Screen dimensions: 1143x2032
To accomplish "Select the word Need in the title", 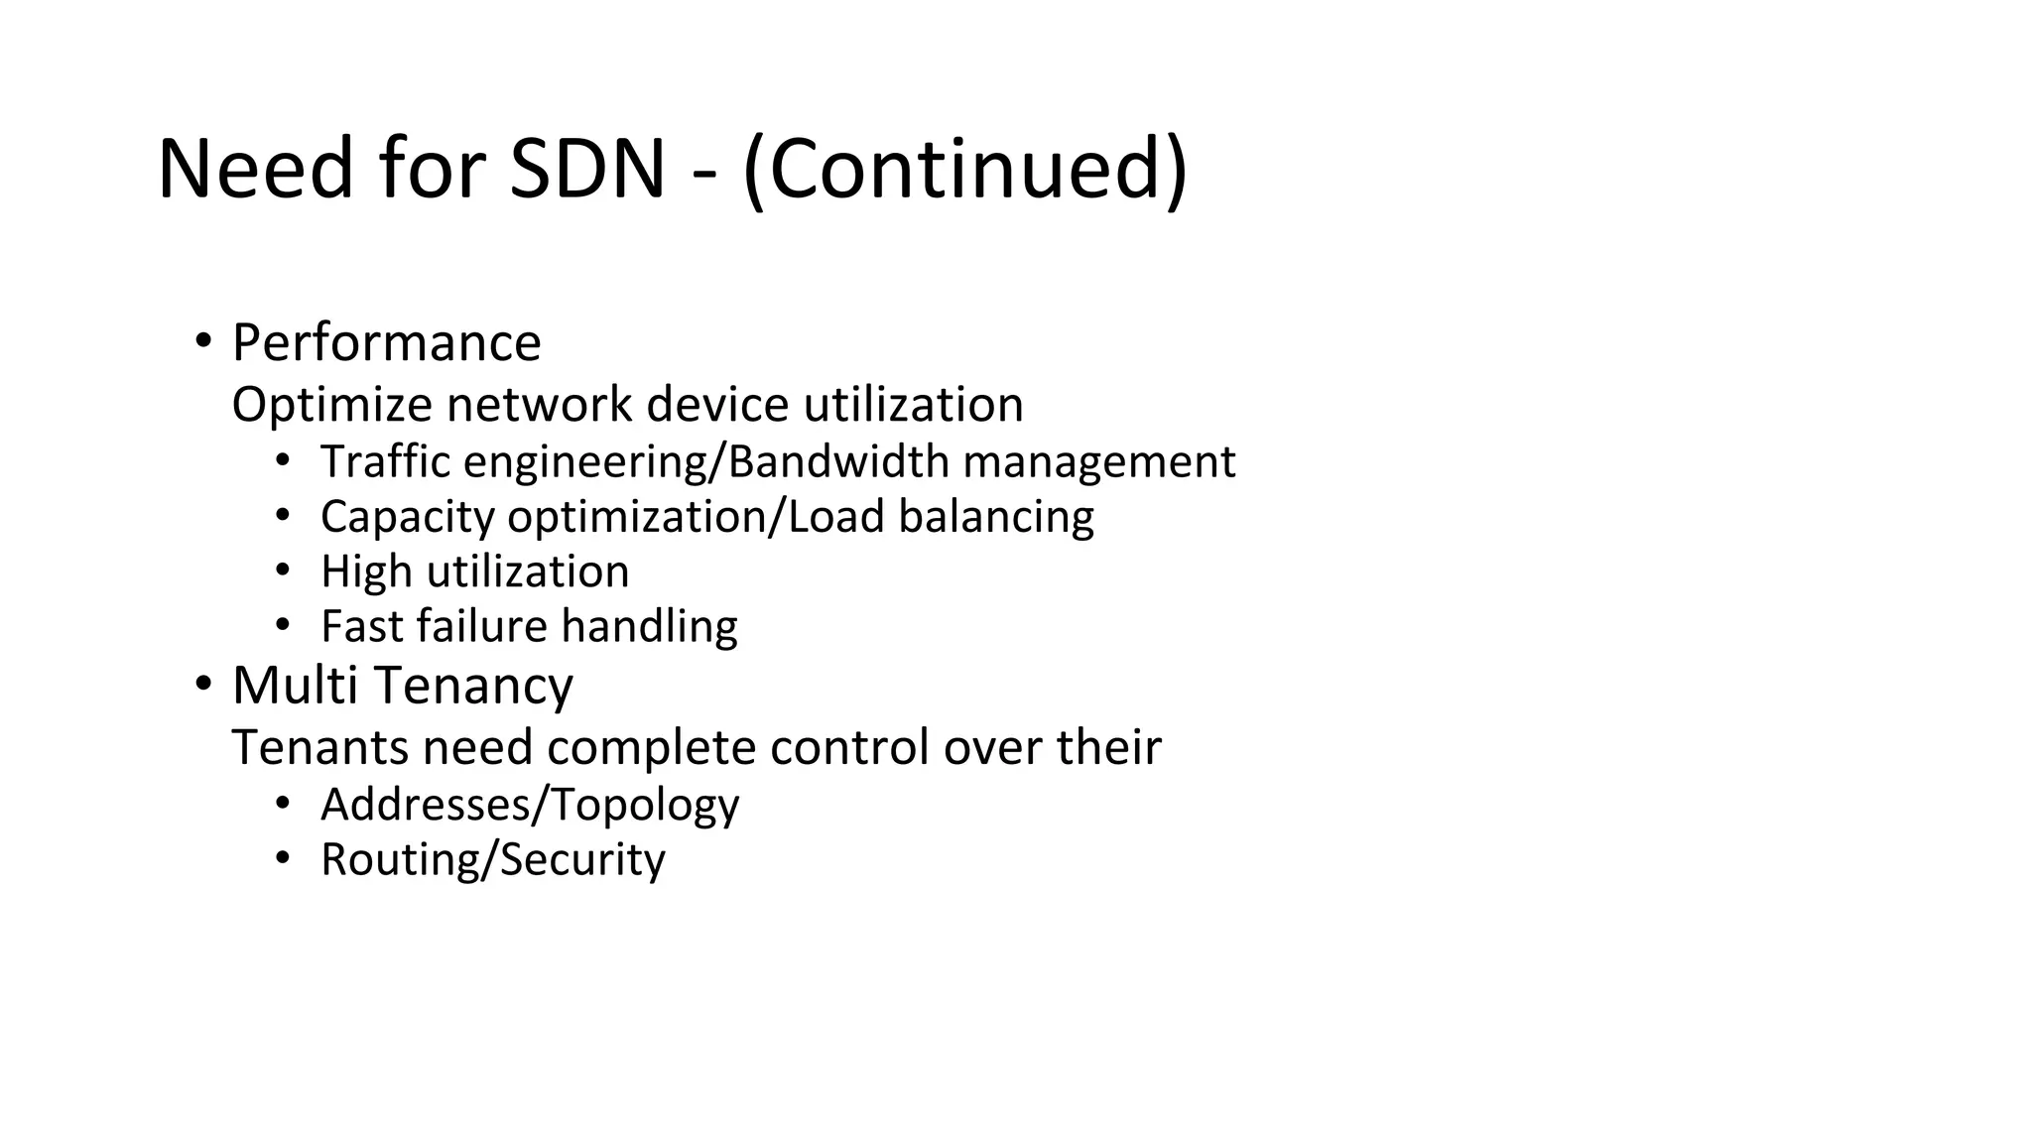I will [255, 169].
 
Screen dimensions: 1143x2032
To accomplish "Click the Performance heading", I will [386, 343].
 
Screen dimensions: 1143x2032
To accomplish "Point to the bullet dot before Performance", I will [203, 341].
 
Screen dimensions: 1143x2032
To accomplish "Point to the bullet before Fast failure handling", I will [283, 625].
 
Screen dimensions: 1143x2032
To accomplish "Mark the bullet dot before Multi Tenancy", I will [203, 684].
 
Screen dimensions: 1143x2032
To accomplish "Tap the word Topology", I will [645, 805].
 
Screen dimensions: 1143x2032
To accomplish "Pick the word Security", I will [582, 859].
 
